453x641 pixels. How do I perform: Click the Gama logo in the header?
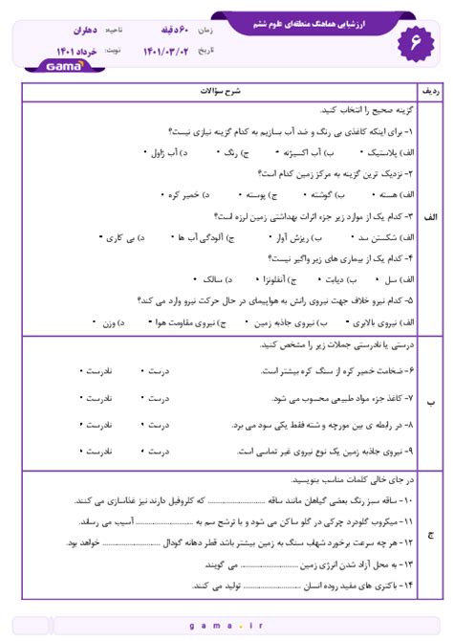coord(64,66)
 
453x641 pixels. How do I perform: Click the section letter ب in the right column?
coord(430,406)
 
